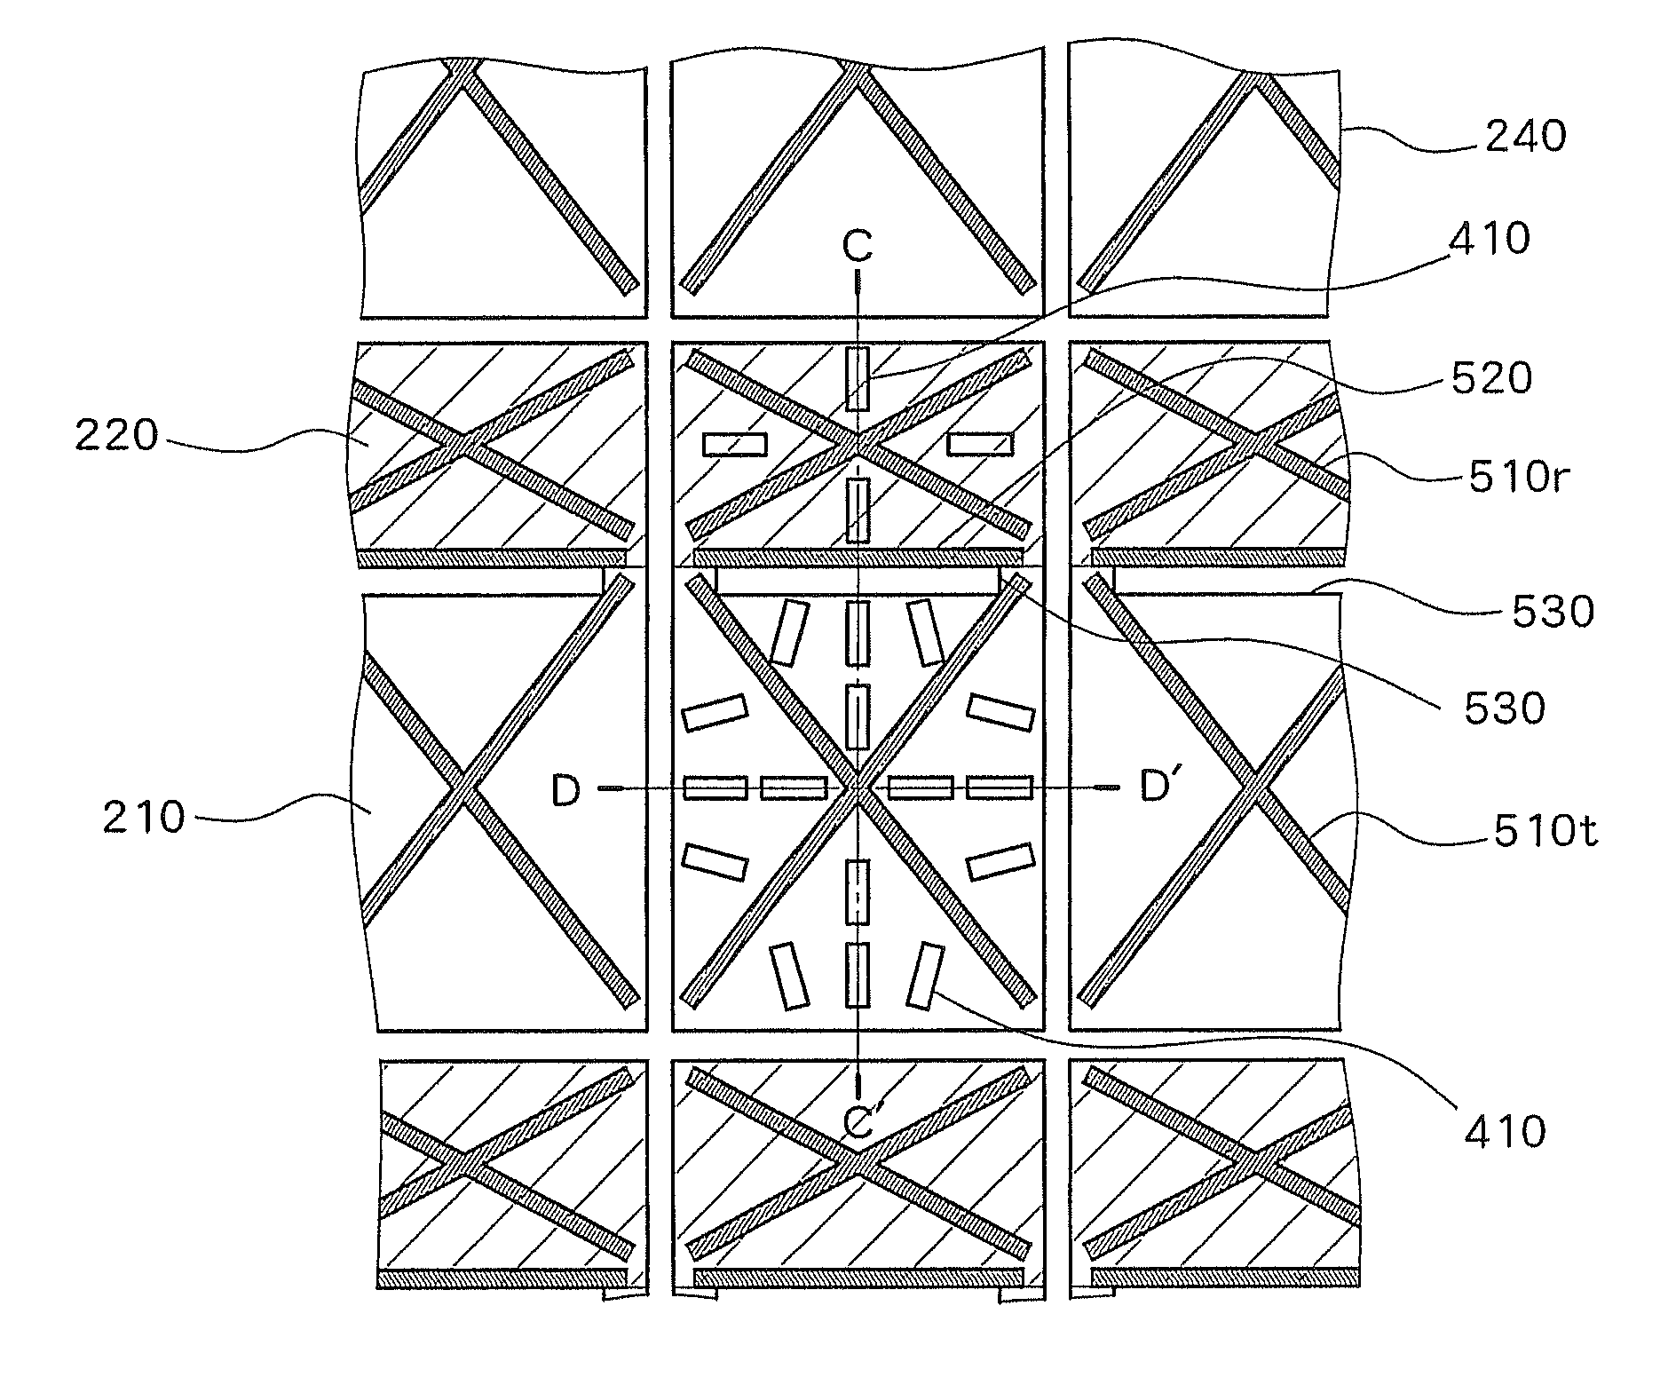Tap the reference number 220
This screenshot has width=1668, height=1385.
(116, 437)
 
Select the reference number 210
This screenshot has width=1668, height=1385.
(144, 818)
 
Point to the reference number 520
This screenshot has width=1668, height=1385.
(1491, 379)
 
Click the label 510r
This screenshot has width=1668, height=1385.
(1519, 479)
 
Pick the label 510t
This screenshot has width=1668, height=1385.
(1545, 832)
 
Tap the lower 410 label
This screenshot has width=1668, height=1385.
(1504, 1132)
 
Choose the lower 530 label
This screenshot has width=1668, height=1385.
(1505, 708)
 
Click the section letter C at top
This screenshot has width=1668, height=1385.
(858, 247)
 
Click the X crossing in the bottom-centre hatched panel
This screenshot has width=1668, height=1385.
(858, 1163)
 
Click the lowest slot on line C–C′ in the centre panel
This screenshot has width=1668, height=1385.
(858, 975)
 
